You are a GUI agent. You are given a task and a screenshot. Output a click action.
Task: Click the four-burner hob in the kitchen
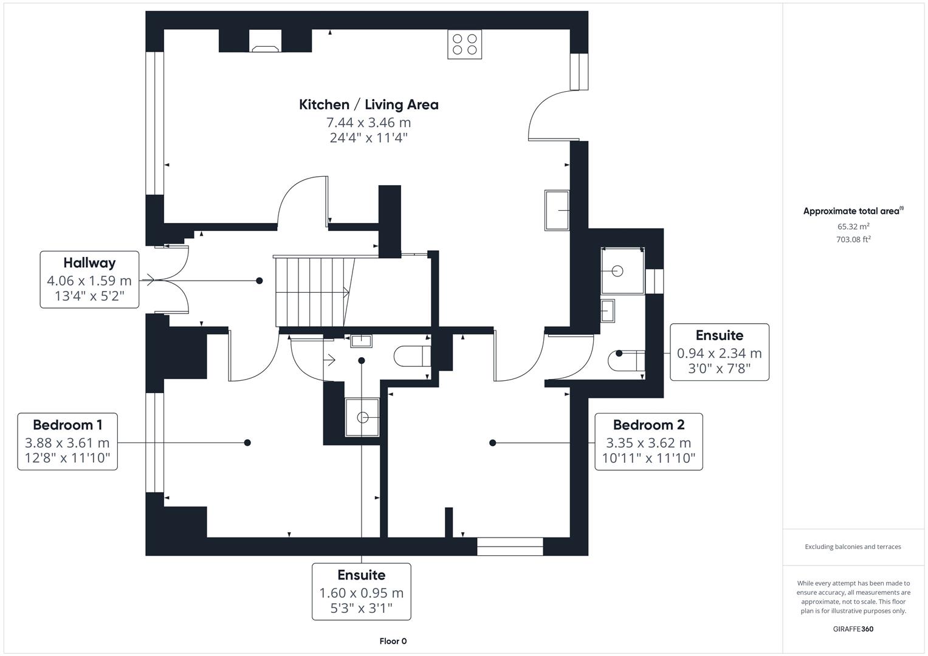tap(464, 44)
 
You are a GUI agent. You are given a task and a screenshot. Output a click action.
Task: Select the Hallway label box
tap(89, 279)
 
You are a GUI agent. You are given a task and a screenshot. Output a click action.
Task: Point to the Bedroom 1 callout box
tap(67, 442)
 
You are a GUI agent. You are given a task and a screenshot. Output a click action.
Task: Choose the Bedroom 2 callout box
tap(648, 442)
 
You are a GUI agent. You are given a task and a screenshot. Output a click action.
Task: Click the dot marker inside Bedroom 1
tap(247, 443)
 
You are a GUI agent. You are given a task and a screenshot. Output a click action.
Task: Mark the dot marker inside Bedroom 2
tap(492, 443)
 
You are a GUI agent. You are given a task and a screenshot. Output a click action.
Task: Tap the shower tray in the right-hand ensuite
tap(622, 271)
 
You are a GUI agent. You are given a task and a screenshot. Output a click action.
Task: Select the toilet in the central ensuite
tap(412, 357)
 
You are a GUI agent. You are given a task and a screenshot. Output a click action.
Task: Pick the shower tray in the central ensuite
tap(362, 417)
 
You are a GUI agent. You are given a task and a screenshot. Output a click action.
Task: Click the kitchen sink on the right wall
tap(557, 210)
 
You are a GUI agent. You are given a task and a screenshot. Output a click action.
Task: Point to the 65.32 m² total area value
tap(853, 227)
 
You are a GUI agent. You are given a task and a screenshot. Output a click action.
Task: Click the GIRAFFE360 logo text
tap(853, 629)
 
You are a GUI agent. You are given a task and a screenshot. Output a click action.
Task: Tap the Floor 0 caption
tap(393, 641)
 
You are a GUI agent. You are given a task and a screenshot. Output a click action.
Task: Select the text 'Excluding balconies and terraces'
tap(853, 547)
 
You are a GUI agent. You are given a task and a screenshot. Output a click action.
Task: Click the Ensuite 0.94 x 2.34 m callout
tap(719, 352)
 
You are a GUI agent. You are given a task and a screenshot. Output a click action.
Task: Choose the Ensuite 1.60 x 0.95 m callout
tap(361, 592)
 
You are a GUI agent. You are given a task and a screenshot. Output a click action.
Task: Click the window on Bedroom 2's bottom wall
tap(509, 546)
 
